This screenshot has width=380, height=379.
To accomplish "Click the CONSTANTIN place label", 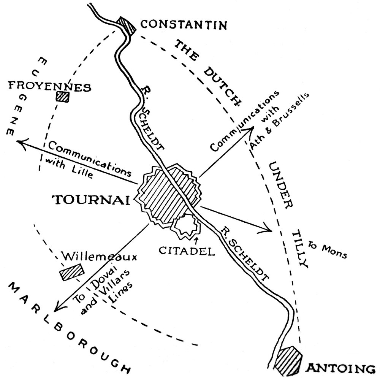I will (x=184, y=25).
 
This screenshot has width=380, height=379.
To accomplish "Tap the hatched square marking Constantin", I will (x=127, y=26).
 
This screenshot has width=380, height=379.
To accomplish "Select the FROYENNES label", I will (x=50, y=87).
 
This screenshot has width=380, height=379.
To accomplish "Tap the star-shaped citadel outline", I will (x=186, y=227).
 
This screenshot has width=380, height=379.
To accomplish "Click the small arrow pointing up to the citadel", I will (x=196, y=239).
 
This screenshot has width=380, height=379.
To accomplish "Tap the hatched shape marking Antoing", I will (x=288, y=359).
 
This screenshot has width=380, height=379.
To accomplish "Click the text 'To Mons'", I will (x=328, y=250).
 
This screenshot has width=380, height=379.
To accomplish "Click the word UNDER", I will (x=280, y=184).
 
